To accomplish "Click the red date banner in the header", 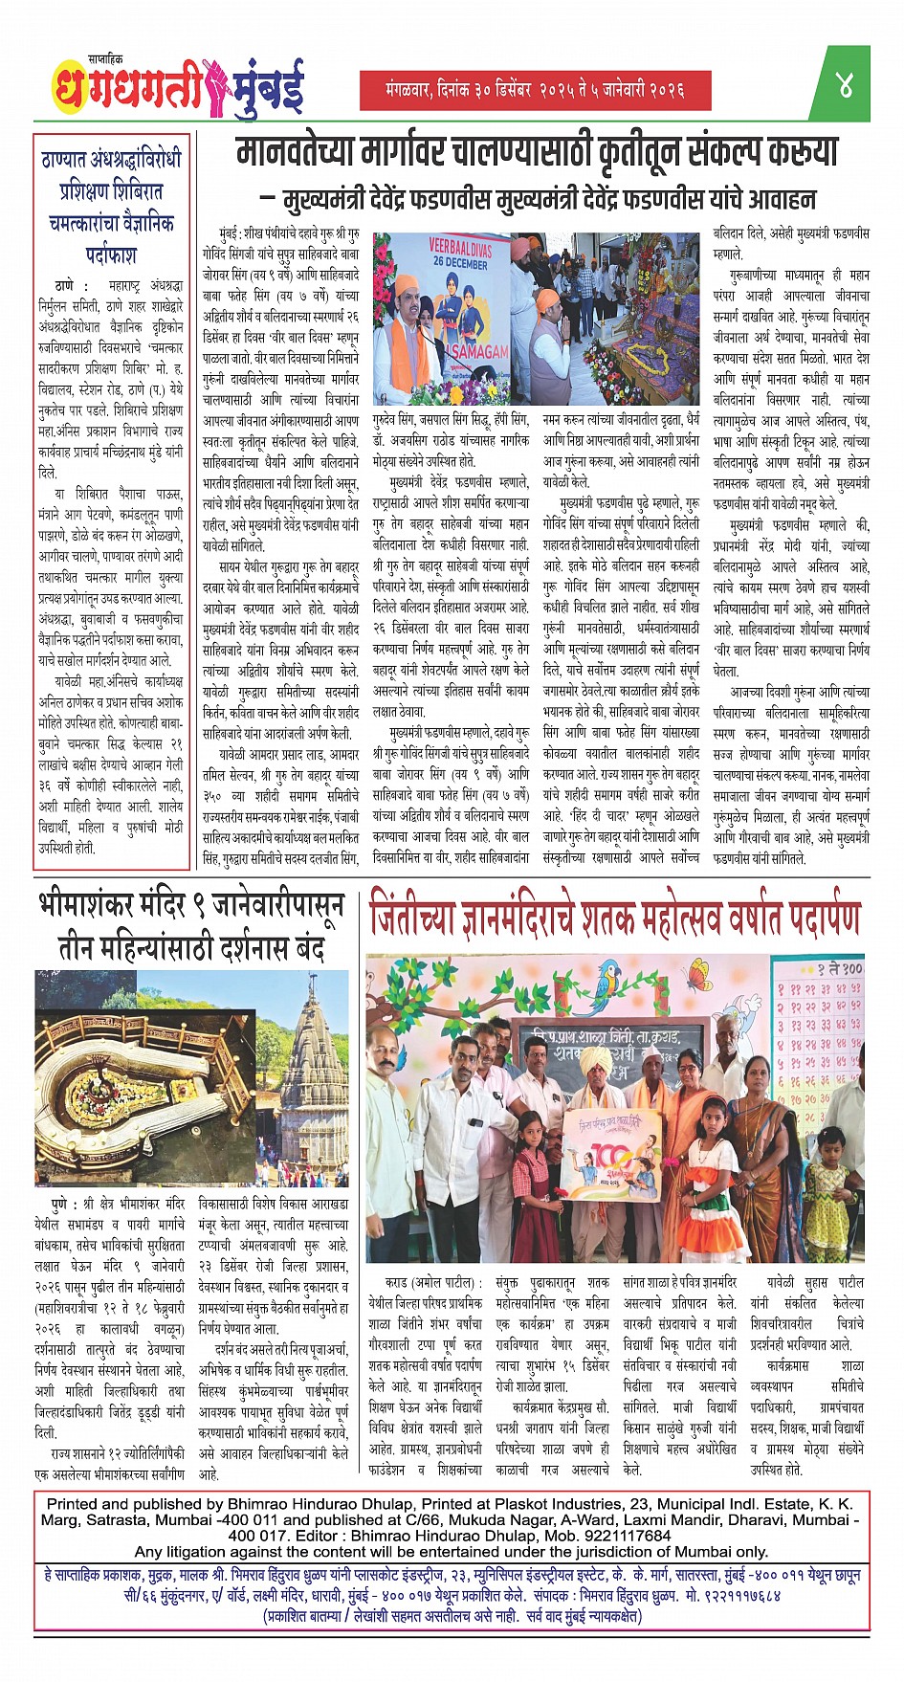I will point(536,90).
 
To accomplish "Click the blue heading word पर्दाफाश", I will point(111,255).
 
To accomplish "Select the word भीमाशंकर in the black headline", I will point(110,905).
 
